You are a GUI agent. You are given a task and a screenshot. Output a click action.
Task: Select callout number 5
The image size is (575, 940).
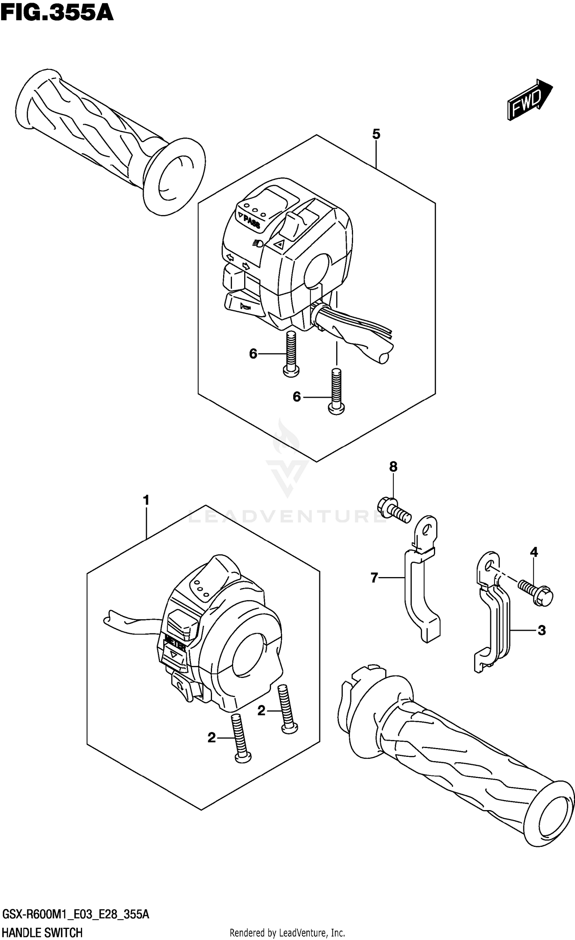(376, 134)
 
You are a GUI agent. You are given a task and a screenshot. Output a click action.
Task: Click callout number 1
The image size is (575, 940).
(146, 500)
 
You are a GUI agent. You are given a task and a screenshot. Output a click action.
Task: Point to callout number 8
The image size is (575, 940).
(393, 466)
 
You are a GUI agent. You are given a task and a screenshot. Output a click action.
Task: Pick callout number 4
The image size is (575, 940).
(534, 552)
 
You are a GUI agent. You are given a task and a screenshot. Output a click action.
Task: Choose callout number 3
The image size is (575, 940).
(541, 630)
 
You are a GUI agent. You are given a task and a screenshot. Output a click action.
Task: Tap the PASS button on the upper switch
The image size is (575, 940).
(251, 221)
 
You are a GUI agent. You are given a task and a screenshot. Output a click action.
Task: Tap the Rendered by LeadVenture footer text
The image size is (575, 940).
(287, 930)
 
